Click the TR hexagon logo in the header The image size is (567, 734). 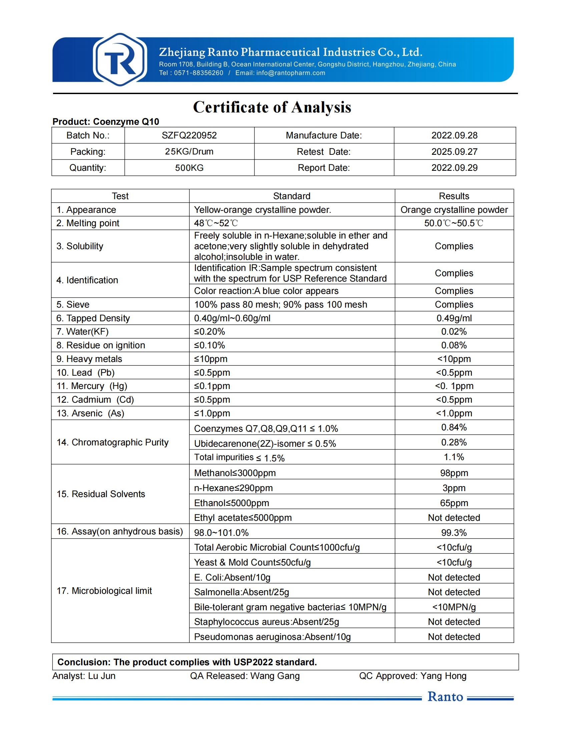[120, 59]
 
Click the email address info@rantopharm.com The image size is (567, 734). [291, 73]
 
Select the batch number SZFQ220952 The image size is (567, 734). [189, 135]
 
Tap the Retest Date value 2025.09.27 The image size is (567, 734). [454, 151]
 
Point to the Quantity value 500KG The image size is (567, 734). [189, 168]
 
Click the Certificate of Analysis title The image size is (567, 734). [272, 107]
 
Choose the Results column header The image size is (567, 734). [454, 196]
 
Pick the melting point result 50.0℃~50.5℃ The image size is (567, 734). [454, 223]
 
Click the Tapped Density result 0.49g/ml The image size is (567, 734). [454, 318]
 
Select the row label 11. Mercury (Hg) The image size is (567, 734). [92, 386]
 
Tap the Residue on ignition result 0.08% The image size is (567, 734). [454, 345]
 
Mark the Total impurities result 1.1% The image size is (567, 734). [454, 457]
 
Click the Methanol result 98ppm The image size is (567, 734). [454, 473]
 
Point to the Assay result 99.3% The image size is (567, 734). [454, 533]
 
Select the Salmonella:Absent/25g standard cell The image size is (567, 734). [241, 592]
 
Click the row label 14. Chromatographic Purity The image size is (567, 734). [112, 442]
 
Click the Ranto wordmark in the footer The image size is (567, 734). [445, 697]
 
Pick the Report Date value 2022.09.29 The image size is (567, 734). [454, 168]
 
